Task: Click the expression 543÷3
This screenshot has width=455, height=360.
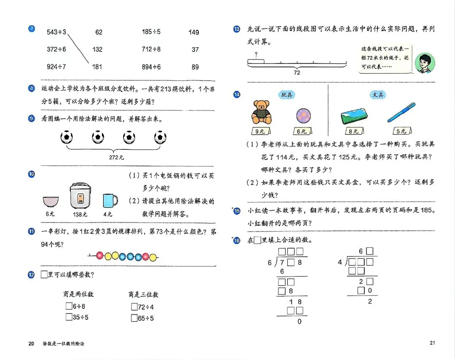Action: (56, 32)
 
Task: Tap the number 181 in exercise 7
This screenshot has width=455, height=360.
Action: (97, 67)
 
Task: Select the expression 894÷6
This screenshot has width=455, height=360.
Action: (151, 67)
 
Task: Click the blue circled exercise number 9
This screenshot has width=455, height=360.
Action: (31, 118)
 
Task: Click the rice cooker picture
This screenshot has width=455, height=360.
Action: (80, 196)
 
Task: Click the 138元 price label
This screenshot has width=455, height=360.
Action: (80, 214)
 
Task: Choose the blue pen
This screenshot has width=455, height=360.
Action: (401, 112)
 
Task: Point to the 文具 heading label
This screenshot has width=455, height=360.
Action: (378, 95)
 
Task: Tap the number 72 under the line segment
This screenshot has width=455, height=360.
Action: (297, 73)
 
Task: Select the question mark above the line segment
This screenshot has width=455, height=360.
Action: (256, 54)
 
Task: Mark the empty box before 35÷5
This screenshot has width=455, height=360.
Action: (69, 317)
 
